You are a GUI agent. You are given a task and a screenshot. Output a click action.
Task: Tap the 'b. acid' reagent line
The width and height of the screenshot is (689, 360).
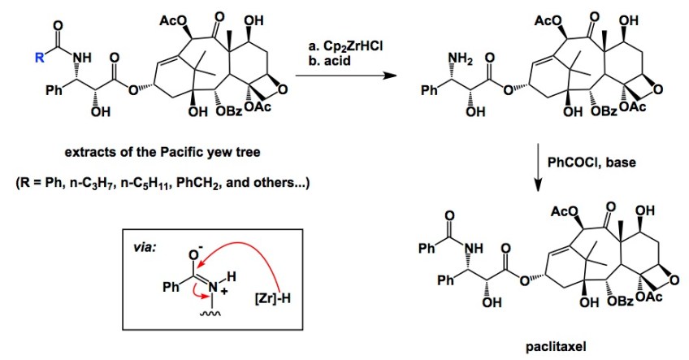point(323,62)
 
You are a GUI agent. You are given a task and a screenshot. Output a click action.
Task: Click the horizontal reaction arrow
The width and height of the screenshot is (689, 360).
point(339,77)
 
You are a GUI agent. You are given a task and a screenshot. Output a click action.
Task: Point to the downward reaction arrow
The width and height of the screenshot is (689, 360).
point(544,171)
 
